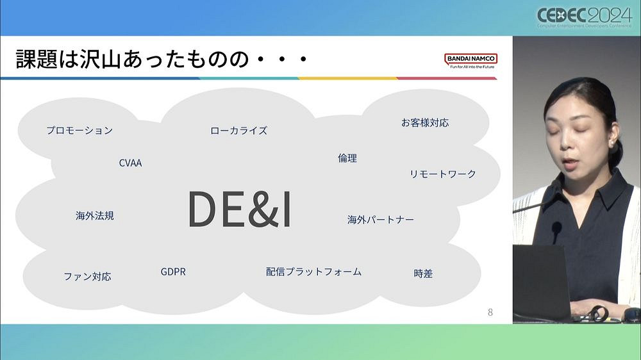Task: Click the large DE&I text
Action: tap(239, 209)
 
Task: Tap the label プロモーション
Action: tap(79, 131)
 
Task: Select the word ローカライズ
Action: tap(238, 131)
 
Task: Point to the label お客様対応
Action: tap(425, 122)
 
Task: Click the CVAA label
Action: tap(130, 163)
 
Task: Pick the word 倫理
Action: tap(347, 158)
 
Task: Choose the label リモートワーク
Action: tap(443, 174)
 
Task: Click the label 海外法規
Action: tap(95, 216)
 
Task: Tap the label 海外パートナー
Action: tap(381, 220)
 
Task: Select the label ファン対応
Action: tap(87, 277)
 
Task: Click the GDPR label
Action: tap(173, 272)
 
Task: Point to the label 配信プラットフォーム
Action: tap(313, 272)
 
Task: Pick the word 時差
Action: tap(423, 274)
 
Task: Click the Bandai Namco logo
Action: tap(470, 61)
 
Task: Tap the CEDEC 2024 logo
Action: tap(584, 17)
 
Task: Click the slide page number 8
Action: tap(490, 313)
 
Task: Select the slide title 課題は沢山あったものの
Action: tap(161, 61)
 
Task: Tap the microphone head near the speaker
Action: tap(556, 227)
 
